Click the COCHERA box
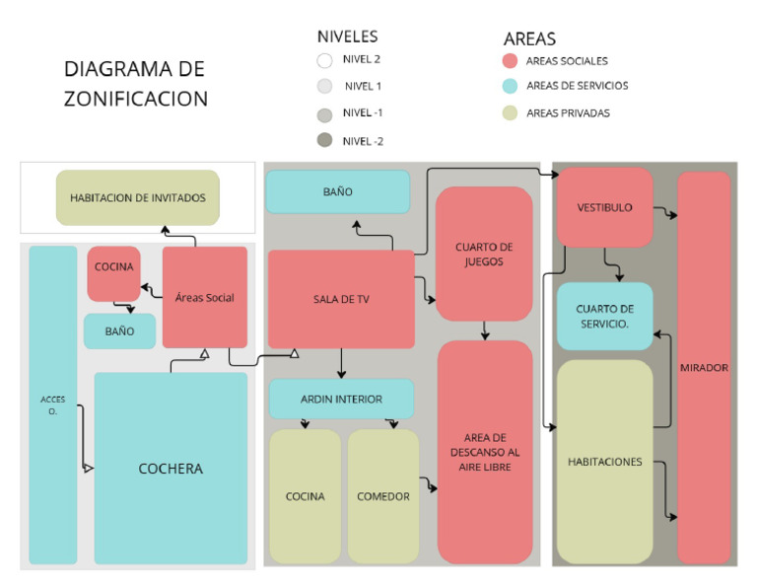(x=171, y=468)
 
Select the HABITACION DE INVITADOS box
(x=137, y=197)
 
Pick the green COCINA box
(x=305, y=496)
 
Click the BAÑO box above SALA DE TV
(x=337, y=191)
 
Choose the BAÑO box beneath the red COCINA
(x=119, y=331)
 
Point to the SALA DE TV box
(x=340, y=299)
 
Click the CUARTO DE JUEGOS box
(x=484, y=254)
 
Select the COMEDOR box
(x=383, y=496)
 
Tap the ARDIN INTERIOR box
(x=341, y=399)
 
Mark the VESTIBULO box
(x=604, y=207)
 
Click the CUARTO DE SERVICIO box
(x=604, y=316)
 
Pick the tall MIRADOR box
(x=704, y=367)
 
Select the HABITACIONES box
(x=604, y=461)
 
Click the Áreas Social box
(x=204, y=297)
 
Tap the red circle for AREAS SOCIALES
(x=511, y=61)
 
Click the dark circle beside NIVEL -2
(x=324, y=140)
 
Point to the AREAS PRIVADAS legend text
(x=568, y=113)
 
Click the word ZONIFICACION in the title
(x=136, y=99)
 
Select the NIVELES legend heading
(x=347, y=37)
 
